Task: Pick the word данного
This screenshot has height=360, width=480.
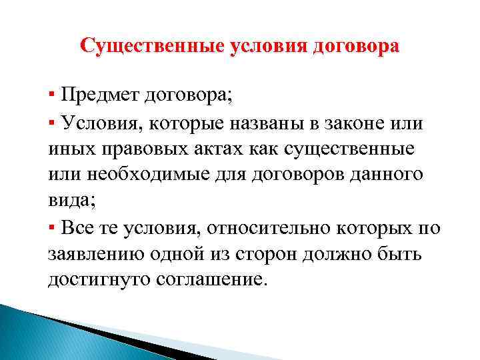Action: tap(382, 174)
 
